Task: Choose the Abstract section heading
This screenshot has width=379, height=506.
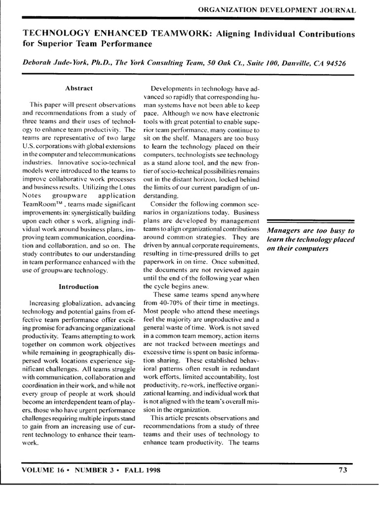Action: tap(79, 88)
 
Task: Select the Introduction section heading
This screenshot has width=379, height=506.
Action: tap(79, 286)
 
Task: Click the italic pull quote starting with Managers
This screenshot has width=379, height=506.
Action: tap(311, 240)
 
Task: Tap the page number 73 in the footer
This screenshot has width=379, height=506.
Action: tap(342, 470)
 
